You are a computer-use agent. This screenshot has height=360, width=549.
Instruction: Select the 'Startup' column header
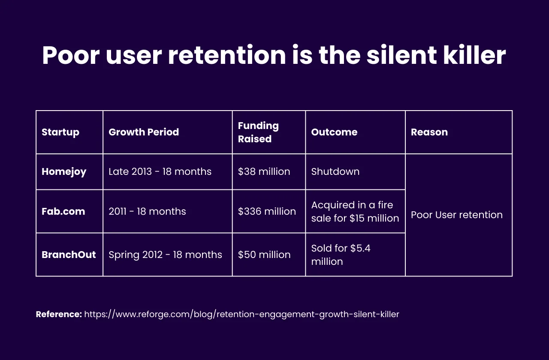coord(60,132)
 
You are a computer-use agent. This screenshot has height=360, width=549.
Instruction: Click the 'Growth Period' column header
coord(144,132)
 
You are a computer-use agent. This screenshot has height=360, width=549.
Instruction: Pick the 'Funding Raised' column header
coord(258,132)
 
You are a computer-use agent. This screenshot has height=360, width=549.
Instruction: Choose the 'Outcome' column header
coord(334,132)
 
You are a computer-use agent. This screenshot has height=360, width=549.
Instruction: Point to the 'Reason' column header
coord(429,132)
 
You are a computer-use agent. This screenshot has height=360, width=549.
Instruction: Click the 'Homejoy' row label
coord(64,171)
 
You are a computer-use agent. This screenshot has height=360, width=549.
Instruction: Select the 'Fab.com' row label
coord(63,211)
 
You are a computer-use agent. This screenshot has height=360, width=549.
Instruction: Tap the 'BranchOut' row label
coord(69,255)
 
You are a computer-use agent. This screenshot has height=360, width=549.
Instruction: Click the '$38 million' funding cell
coord(264,171)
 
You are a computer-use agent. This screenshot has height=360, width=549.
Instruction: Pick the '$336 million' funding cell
coord(267,211)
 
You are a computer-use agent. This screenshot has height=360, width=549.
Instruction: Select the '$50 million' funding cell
coord(264,255)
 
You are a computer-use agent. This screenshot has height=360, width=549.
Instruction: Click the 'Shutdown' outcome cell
coord(335,171)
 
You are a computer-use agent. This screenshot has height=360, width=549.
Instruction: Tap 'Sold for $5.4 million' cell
coord(341,255)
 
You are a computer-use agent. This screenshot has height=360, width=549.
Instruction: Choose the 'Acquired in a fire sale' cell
coord(355,211)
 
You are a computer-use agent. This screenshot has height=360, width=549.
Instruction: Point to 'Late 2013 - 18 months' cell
coord(160,171)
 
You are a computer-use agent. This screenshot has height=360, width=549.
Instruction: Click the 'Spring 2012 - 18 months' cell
coord(165,255)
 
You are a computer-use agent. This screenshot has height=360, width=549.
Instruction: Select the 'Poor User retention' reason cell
coord(457,215)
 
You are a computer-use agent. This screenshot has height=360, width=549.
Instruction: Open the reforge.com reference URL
coord(241,314)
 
